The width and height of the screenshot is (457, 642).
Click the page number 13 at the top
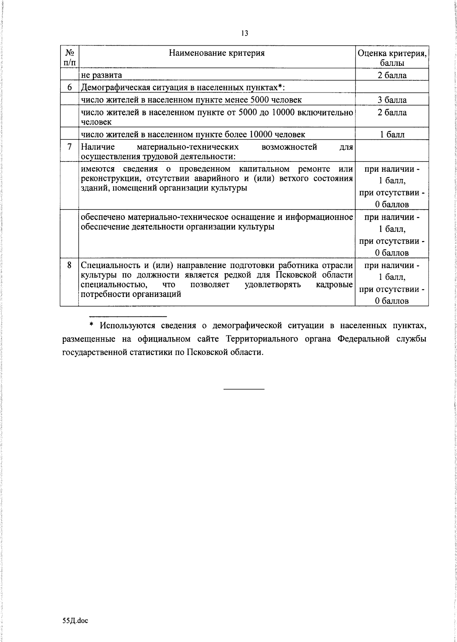(x=244, y=34)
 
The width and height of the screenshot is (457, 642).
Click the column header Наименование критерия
(x=217, y=53)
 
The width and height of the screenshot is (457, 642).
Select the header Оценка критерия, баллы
(x=392, y=57)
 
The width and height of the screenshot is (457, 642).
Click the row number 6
(x=70, y=88)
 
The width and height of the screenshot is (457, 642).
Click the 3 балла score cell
(x=392, y=100)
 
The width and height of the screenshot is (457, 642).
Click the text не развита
(x=101, y=75)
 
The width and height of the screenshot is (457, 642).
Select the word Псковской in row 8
(x=294, y=275)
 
